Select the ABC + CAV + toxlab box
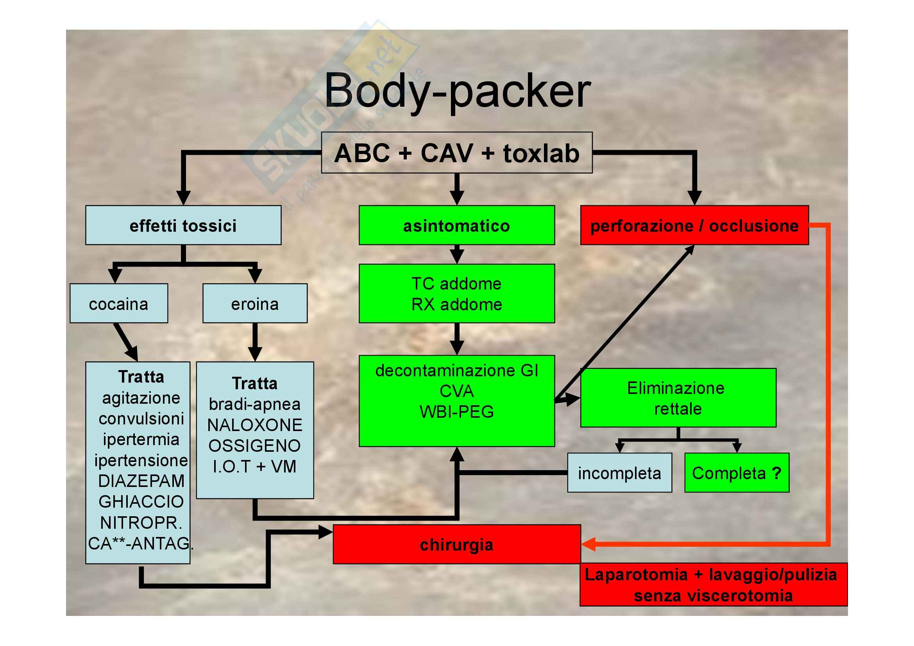coord(456,153)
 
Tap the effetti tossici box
coord(183,225)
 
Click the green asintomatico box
coord(456,225)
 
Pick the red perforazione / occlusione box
coord(694,225)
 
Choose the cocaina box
coord(119,303)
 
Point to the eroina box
coord(255,303)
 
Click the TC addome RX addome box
coord(456,294)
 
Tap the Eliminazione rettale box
coord(678,398)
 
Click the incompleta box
coord(619,473)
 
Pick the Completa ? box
coord(737,473)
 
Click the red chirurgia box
coord(456,544)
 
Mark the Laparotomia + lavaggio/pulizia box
coord(714,585)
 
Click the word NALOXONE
coord(255,425)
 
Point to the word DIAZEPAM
coord(141,481)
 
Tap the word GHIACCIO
coord(141,501)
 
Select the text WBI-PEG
coord(456,412)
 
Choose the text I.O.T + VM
coord(255,467)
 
